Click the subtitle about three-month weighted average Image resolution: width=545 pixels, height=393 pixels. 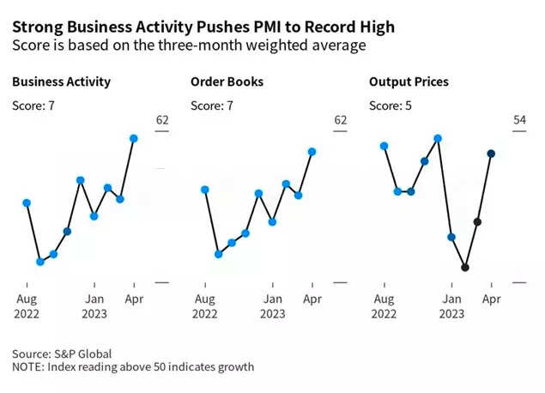[x=190, y=45]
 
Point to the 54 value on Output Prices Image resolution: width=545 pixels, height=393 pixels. [x=519, y=120]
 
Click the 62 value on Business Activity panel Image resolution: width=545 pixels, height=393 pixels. [x=162, y=120]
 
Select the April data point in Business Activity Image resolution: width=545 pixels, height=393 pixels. [x=134, y=138]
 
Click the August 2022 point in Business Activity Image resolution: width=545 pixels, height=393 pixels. [x=27, y=203]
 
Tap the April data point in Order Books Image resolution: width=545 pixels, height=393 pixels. [x=312, y=152]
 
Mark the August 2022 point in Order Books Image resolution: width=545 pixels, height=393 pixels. [x=204, y=190]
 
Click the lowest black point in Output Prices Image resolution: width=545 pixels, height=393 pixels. [x=464, y=267]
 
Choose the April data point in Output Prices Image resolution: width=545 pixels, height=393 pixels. [x=491, y=154]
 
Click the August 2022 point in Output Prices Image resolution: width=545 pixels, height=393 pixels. [x=384, y=146]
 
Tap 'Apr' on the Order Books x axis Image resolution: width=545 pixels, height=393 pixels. [x=312, y=299]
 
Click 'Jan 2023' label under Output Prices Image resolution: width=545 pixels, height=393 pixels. [x=451, y=305]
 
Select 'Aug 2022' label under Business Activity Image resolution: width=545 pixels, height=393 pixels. [x=27, y=305]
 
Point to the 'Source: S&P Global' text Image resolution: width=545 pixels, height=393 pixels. [x=62, y=353]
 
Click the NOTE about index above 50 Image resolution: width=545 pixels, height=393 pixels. [x=133, y=367]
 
